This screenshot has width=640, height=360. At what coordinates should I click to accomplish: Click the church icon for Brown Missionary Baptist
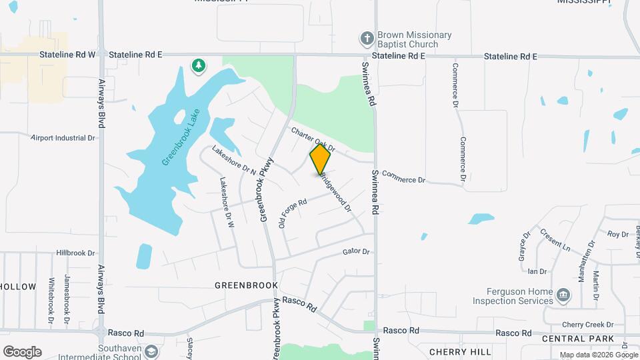pos(366,39)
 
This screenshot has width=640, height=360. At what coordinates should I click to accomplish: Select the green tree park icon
pos(198,65)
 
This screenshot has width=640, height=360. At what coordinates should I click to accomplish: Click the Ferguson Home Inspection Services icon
pos(563,294)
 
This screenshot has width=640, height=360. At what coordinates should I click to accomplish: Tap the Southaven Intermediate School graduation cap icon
pos(152,351)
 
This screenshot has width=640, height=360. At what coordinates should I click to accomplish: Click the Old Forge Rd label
pos(292,213)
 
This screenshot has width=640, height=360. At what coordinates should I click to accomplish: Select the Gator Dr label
pos(355,251)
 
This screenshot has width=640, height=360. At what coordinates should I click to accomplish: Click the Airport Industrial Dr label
pos(63,138)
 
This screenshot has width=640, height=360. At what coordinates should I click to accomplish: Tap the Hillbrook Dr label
pos(76,253)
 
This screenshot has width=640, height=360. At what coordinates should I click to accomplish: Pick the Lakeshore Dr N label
pos(234,160)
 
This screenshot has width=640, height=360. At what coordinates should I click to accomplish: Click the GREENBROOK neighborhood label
pos(246,285)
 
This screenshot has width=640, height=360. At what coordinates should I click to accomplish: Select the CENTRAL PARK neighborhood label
pos(577,339)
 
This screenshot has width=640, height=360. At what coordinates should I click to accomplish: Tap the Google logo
pos(22,351)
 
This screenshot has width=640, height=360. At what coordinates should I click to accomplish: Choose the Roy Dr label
pos(617,234)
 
